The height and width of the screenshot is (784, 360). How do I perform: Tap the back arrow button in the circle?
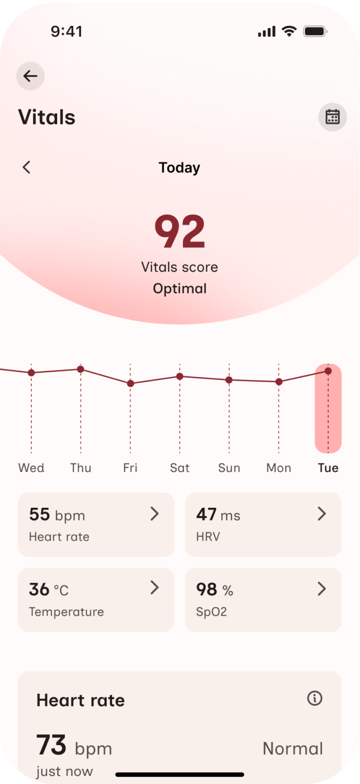tap(30, 76)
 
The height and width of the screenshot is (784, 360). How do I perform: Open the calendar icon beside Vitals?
tap(332, 117)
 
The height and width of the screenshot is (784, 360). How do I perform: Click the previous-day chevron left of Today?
tap(26, 167)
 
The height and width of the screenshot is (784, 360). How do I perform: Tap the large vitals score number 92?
tap(180, 231)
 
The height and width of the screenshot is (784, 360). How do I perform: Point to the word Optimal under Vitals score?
tap(180, 289)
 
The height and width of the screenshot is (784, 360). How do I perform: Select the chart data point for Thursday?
tap(80, 369)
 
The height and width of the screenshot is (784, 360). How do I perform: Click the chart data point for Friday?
tap(130, 383)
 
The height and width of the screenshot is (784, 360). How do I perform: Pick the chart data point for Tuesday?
tap(328, 371)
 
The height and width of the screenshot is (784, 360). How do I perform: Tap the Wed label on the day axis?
tap(31, 468)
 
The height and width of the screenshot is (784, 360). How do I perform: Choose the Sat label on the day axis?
tap(180, 468)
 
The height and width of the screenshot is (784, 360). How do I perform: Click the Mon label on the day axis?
tap(279, 468)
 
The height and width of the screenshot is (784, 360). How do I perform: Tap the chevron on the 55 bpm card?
tap(154, 514)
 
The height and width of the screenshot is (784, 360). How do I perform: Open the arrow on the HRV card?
tap(322, 514)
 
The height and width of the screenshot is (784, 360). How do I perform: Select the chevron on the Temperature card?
tap(154, 588)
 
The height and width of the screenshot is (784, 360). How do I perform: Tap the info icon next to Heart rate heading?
tap(314, 699)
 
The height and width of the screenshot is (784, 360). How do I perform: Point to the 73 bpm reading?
tap(74, 747)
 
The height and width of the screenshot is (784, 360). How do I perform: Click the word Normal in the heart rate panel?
tap(293, 748)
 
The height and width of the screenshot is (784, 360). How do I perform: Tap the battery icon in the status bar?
tap(315, 32)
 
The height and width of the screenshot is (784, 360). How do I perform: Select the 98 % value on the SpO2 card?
tap(214, 590)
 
